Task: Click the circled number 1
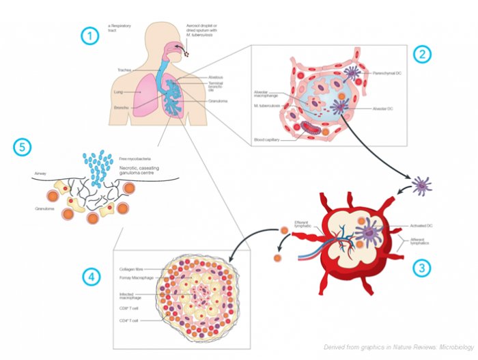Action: (88, 37)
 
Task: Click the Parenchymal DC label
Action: (388, 72)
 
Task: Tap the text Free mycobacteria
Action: (134, 158)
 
